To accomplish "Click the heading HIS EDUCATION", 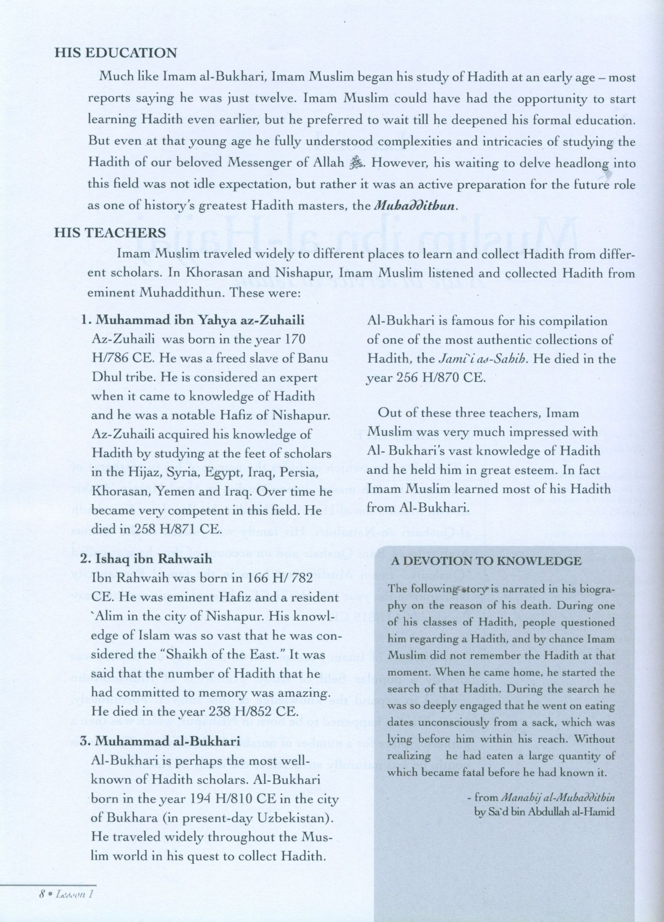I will coord(116,53).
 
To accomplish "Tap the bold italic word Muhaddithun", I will coord(415,206).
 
